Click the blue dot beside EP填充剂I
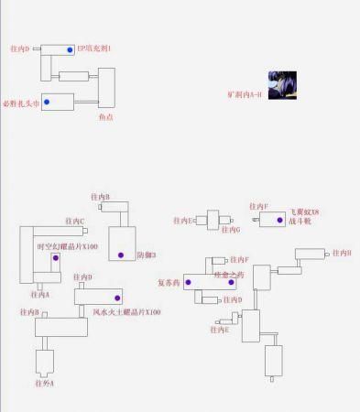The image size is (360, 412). pyautogui.click(x=70, y=49)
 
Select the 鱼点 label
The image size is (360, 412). pyautogui.click(x=106, y=117)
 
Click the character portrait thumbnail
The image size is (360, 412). pyautogui.click(x=280, y=85)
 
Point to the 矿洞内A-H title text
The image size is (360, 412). pyautogui.click(x=245, y=94)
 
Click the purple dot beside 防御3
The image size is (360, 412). pyautogui.click(x=120, y=255)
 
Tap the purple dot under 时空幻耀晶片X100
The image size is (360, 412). pyautogui.click(x=55, y=258)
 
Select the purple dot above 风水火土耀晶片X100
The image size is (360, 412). pyautogui.click(x=117, y=298)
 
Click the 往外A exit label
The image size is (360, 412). pyautogui.click(x=45, y=383)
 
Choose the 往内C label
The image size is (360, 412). pyautogui.click(x=75, y=221)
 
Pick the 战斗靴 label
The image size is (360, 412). pyautogui.click(x=300, y=221)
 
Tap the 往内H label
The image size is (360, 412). pyautogui.click(x=342, y=253)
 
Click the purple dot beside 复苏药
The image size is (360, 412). pyautogui.click(x=188, y=282)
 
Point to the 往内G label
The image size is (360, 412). pyautogui.click(x=231, y=230)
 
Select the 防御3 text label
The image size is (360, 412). pyautogui.click(x=146, y=255)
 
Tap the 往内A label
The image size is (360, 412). pyautogui.click(x=40, y=295)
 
